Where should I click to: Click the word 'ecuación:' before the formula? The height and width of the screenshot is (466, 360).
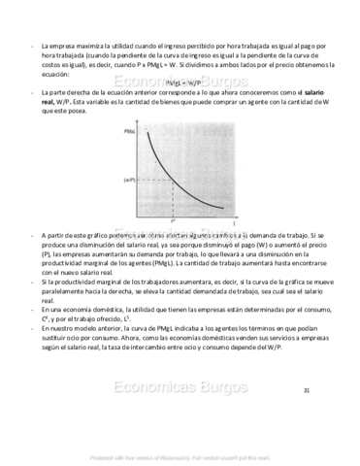click(55, 73)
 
